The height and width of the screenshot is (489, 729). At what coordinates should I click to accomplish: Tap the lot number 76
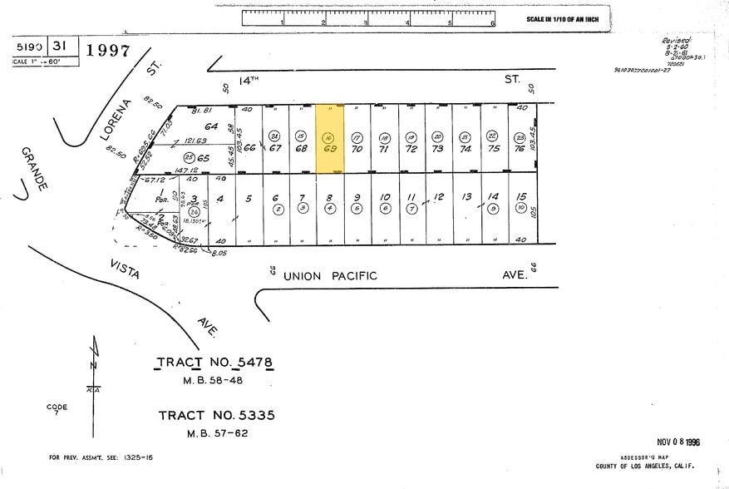coord(520,149)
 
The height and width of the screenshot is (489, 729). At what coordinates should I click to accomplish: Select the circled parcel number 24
coord(274,136)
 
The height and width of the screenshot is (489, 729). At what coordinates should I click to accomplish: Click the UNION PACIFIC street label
coord(330,275)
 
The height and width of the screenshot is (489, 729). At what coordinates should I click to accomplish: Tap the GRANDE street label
coord(32,171)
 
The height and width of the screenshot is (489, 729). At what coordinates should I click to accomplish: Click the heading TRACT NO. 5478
coord(214,363)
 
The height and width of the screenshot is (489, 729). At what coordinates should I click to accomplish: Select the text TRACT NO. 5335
coord(216,415)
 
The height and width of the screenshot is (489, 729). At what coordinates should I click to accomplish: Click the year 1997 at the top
coord(107,51)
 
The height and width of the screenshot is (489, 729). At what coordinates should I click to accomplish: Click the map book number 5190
coord(28,47)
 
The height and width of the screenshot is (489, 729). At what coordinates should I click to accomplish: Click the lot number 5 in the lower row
coord(248,199)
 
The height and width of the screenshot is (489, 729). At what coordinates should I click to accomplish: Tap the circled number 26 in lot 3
coord(193,212)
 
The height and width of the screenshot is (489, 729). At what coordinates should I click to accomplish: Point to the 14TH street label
coord(249,80)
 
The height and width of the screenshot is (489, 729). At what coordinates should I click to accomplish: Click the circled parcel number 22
coord(492,136)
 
